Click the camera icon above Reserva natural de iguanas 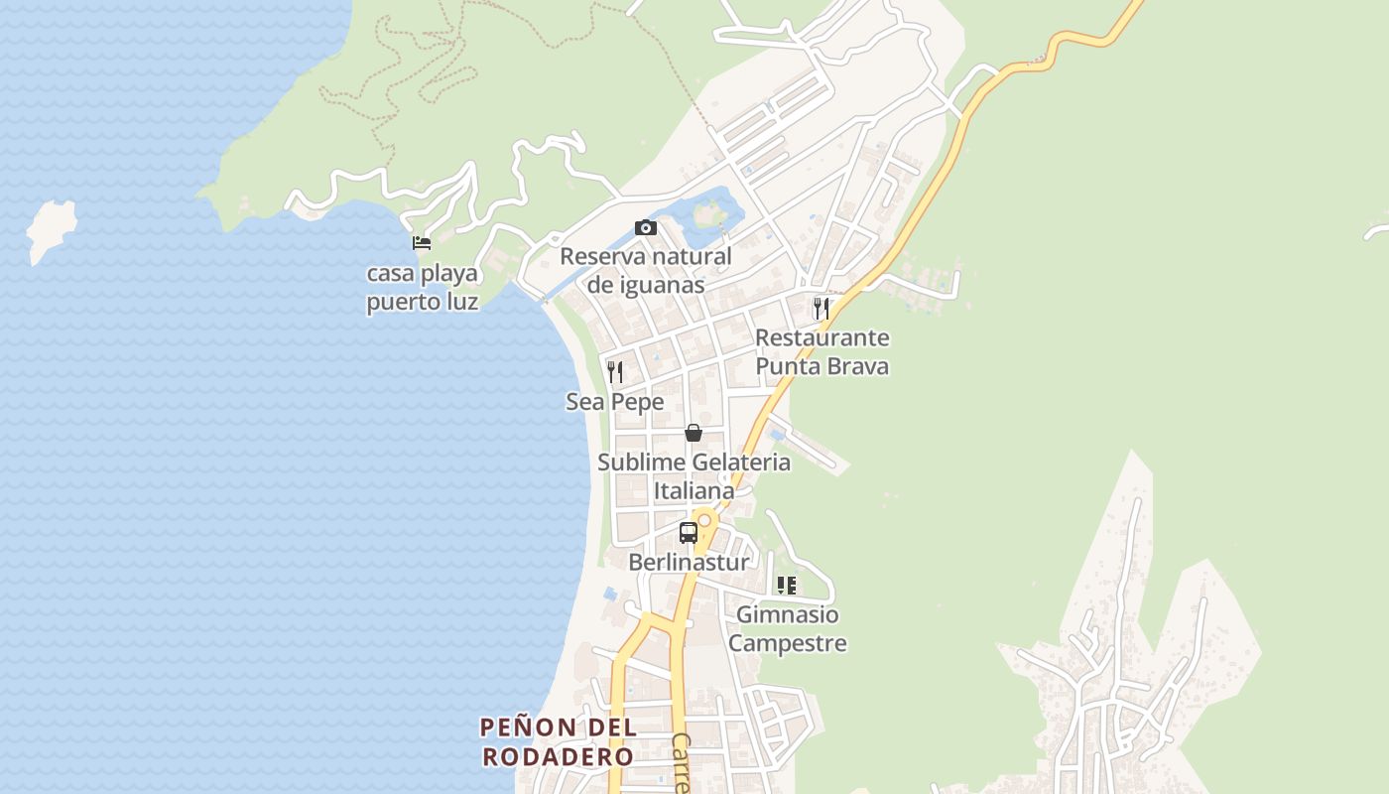coord(646,228)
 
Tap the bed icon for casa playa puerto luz coord(422,242)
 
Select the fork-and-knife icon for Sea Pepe coord(615,372)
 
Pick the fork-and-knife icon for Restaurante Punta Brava coord(821,308)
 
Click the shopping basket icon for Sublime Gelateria coord(694,433)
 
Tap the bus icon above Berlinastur coord(688,532)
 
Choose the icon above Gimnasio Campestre coord(787,586)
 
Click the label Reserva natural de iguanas coord(646,270)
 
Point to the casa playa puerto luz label coord(422,287)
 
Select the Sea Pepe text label coord(615,402)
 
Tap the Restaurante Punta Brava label coord(822,351)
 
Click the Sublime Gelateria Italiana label coord(694,475)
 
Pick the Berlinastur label coord(689,562)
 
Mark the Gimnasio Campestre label coord(788,628)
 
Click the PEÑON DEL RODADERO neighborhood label coord(558,741)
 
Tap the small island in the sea coord(51,229)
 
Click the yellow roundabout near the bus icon coord(704,519)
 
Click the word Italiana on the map coord(694,490)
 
